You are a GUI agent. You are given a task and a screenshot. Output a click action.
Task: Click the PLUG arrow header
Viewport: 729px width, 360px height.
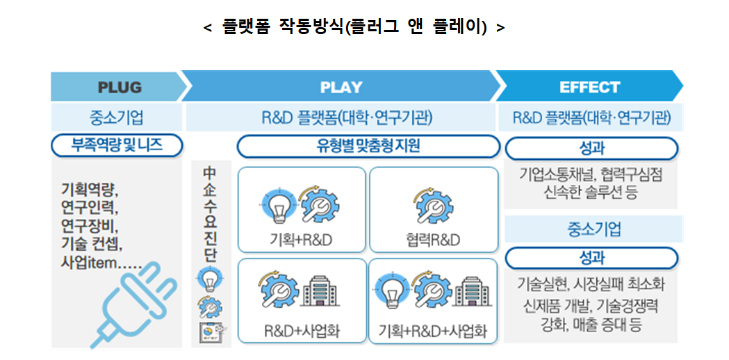pyautogui.click(x=119, y=88)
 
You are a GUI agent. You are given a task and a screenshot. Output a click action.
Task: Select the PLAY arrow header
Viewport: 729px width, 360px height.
pyautogui.click(x=341, y=88)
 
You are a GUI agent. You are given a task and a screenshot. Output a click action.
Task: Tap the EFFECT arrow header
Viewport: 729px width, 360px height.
pyautogui.click(x=589, y=88)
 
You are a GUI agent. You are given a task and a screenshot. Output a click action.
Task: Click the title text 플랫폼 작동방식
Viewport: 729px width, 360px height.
pyautogui.click(x=354, y=28)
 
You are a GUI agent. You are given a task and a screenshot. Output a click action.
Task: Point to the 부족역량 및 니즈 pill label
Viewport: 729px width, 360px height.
pyautogui.click(x=117, y=146)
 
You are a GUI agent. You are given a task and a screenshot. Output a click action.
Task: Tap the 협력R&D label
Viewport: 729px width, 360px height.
pyautogui.click(x=433, y=240)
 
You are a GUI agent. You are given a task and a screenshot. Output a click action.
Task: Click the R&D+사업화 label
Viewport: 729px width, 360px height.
pyautogui.click(x=301, y=330)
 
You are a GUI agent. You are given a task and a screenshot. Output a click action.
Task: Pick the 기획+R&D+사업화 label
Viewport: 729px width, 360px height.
pyautogui.click(x=433, y=330)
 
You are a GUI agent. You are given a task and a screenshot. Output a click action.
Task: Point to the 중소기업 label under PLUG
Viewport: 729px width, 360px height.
pyautogui.click(x=116, y=117)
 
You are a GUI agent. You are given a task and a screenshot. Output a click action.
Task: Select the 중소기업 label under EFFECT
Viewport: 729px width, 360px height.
pyautogui.click(x=590, y=229)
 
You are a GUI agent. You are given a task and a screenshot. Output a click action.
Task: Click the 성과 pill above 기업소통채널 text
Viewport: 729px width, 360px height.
pyautogui.click(x=591, y=148)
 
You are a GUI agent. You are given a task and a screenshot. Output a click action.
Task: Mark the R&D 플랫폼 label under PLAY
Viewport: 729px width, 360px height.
pyautogui.click(x=341, y=117)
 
